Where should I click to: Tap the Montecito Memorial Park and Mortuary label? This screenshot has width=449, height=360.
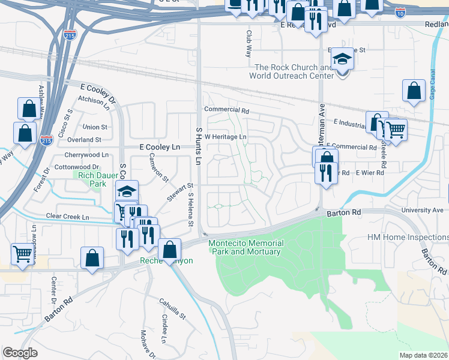(244, 247)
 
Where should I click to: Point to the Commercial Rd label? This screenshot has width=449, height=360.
(226, 110)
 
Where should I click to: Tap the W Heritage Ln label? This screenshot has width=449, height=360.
(226, 137)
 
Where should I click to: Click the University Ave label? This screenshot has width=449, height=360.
(426, 211)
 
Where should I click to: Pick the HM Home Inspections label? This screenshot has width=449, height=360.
(408, 238)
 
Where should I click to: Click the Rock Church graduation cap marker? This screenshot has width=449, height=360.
(342, 60)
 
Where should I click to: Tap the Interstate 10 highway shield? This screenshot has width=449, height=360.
(400, 12)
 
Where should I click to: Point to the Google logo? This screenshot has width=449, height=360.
(20, 353)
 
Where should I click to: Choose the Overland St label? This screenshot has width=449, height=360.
(84, 140)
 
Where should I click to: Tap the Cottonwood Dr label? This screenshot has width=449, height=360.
(78, 167)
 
